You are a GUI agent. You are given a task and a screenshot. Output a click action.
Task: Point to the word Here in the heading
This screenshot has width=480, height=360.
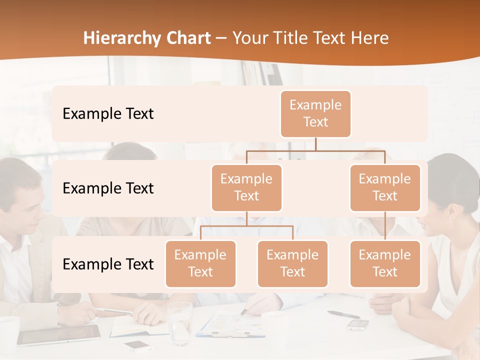369,38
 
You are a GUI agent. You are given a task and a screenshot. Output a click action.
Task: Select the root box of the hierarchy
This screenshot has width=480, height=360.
315,113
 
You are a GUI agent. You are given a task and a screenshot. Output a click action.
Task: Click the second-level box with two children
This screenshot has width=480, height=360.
246,187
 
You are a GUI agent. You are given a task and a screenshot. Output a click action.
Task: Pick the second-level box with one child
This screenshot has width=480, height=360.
385,187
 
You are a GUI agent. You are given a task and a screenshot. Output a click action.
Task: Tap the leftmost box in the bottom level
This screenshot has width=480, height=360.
200,263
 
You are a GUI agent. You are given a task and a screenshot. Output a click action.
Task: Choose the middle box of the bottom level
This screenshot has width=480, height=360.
292,263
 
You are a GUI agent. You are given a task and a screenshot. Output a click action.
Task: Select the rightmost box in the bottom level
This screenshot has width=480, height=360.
385,263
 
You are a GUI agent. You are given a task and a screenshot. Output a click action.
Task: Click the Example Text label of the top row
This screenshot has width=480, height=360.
108,113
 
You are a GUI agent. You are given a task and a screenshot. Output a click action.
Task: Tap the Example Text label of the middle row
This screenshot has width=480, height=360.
108,188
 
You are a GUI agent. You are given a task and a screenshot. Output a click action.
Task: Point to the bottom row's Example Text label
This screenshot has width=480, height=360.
108,264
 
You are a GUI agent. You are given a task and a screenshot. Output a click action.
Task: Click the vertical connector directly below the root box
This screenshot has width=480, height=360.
315,144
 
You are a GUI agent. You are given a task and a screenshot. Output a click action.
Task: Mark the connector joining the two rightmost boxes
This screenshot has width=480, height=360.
385,226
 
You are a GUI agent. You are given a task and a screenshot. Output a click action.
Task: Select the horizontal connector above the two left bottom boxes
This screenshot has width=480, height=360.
246,226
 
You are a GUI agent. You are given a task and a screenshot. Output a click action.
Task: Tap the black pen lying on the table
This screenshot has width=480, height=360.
343,314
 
